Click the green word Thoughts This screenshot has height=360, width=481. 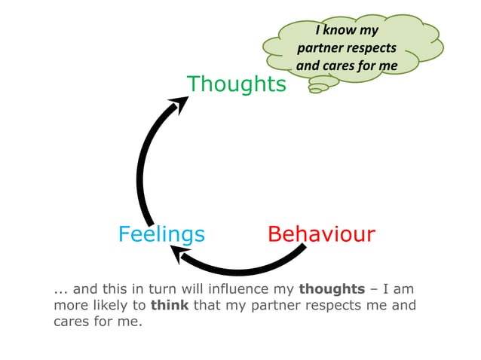point(236,84)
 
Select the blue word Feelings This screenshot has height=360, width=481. point(161,234)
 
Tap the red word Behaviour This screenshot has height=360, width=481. point(321,234)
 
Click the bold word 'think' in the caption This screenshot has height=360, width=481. point(170,306)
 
